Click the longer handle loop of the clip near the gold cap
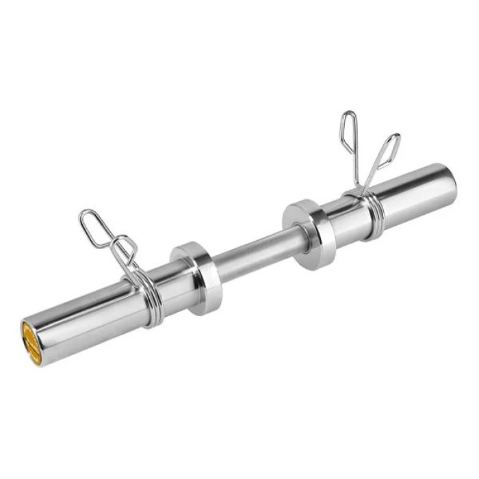pyautogui.click(x=94, y=226)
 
